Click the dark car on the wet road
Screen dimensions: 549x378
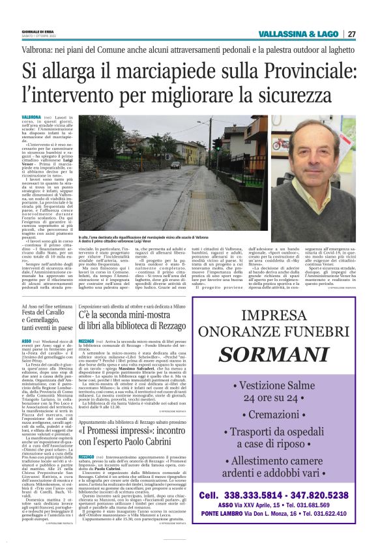coord(175,165)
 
